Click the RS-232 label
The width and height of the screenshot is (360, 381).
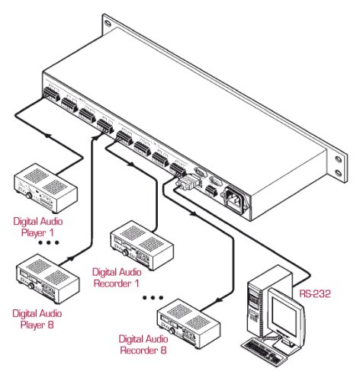315,294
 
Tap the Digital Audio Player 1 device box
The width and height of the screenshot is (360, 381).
46,188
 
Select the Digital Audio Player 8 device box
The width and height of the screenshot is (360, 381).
48,279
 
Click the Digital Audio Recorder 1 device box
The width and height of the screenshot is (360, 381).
142,245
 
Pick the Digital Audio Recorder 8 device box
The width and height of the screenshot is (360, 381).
189,324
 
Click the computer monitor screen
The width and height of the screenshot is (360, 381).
284,315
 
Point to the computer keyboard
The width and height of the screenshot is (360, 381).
265,353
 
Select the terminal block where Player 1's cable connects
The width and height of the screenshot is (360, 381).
52,94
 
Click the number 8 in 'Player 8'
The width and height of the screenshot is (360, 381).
50,325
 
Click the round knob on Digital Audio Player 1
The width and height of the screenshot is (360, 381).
29,196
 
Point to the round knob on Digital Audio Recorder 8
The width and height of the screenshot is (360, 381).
172,331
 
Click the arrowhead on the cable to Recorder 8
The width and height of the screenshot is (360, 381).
218,301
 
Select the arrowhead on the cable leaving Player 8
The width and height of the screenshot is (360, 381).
71,258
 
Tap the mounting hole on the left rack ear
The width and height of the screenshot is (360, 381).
108,23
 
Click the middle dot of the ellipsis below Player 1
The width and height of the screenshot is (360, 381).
49,243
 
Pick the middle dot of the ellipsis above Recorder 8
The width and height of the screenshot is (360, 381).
153,298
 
